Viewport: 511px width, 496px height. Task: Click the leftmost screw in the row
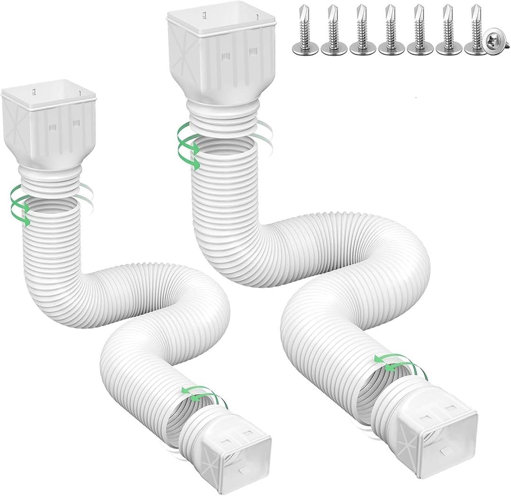(305, 33)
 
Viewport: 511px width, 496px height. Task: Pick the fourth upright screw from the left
(391, 33)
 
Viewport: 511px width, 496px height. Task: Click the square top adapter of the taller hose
(221, 52)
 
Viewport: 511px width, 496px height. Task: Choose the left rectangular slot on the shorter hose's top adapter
(53, 127)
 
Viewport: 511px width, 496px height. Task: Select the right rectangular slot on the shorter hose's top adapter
(76, 124)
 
